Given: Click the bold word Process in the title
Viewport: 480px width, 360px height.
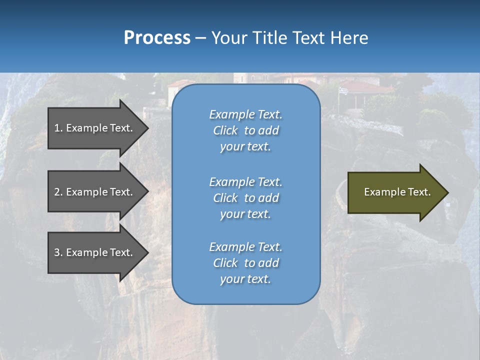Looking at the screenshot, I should pos(157,38).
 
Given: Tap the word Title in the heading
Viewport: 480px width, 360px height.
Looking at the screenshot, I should pos(268,38).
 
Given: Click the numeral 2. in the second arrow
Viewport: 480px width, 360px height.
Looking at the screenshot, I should pos(58,192).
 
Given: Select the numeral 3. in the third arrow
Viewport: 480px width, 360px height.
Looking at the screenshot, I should pos(58,252).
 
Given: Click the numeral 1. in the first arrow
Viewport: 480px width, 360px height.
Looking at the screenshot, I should pos(58,128).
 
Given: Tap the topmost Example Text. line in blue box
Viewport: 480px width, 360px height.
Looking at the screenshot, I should pos(245,114).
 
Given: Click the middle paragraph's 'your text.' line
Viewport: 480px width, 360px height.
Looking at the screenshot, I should pos(245,214).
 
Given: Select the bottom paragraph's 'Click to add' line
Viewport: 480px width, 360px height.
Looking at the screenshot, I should pos(245,263).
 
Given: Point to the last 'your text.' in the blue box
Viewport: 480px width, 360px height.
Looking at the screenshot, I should pos(245,279).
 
